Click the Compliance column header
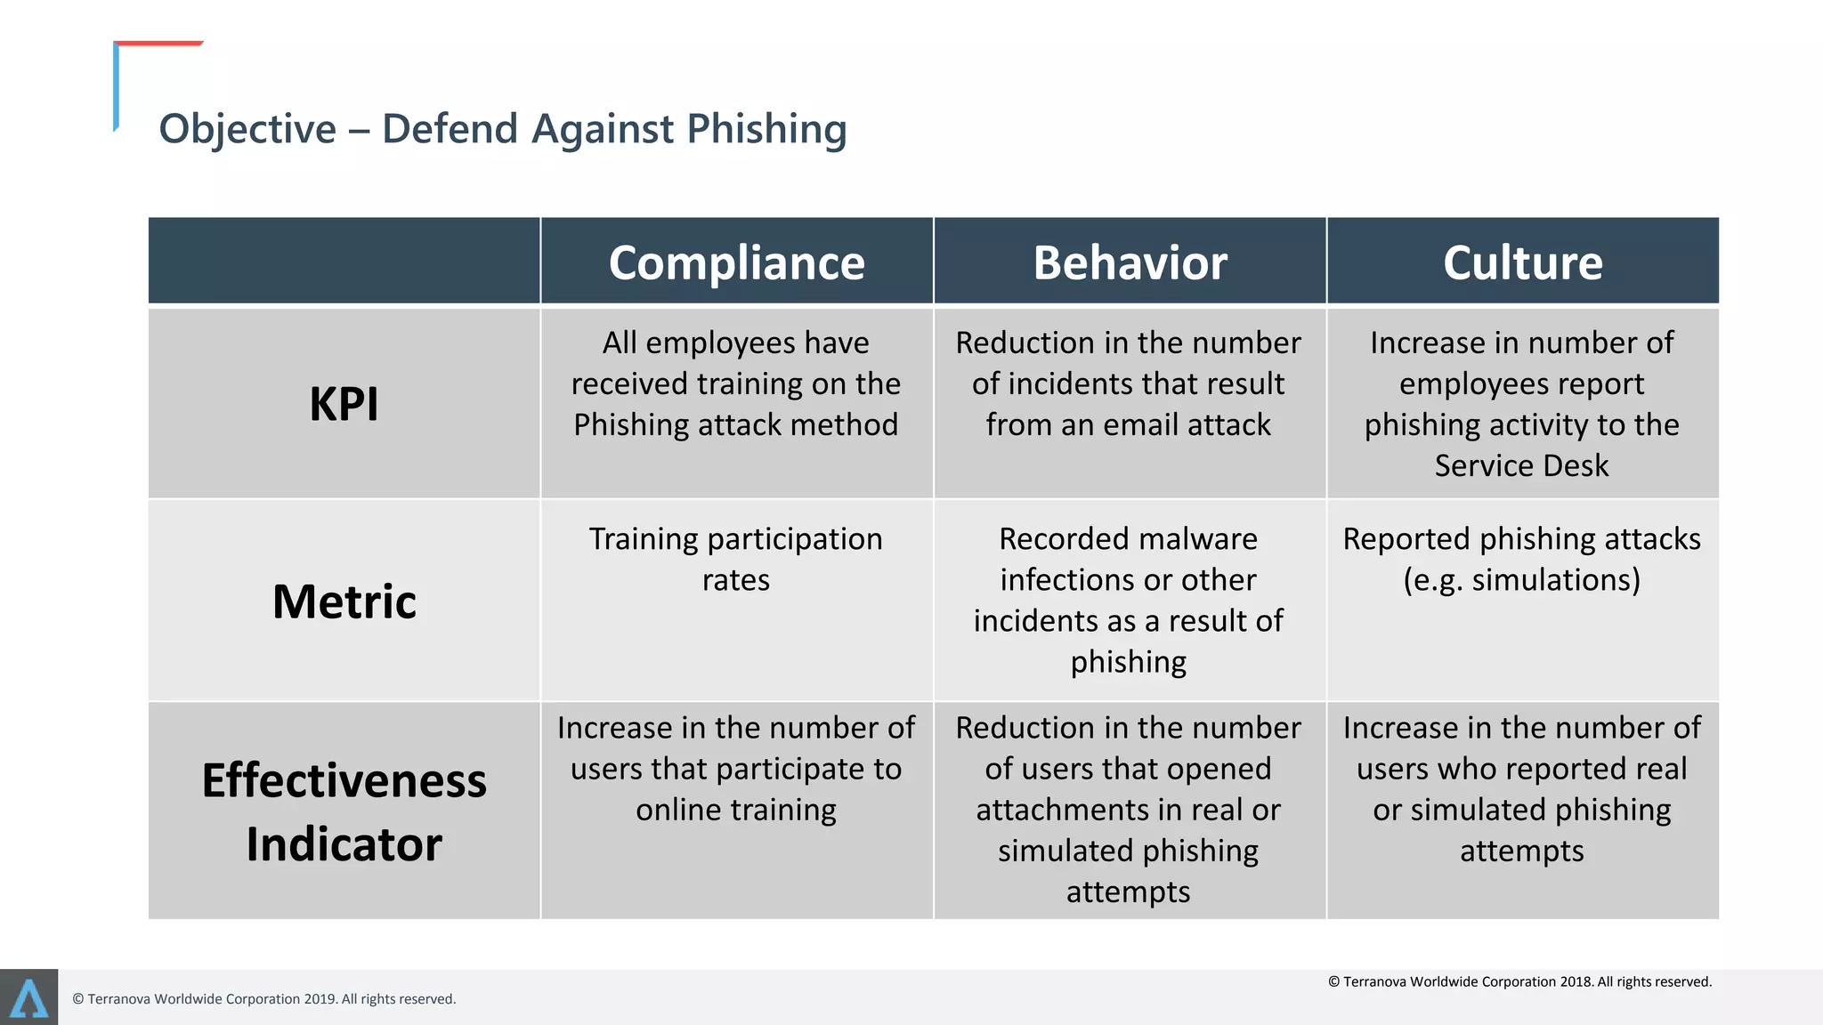[x=736, y=262]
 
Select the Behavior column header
[x=1130, y=262]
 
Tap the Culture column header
[x=1522, y=262]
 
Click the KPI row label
[x=344, y=404]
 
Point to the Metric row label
[x=344, y=601]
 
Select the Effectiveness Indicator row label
[x=344, y=811]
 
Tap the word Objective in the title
[x=247, y=129]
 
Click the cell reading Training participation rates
[x=736, y=559]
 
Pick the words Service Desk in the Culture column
[x=1521, y=465]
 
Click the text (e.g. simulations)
[x=1521, y=580]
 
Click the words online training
[x=736, y=810]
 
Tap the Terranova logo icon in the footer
[x=28, y=997]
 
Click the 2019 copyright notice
[x=264, y=999]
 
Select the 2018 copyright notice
[x=1519, y=981]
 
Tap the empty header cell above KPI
[x=344, y=261]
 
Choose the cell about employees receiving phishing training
[x=736, y=384]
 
